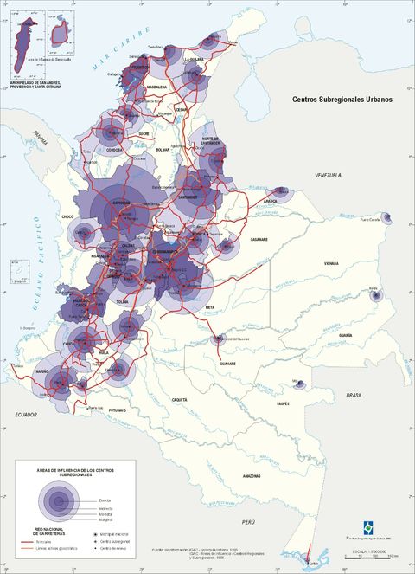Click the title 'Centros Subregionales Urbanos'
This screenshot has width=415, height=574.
(342, 100)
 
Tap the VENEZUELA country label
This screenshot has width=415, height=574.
(328, 176)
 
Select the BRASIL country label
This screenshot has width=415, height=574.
(354, 395)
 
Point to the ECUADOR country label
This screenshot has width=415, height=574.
(28, 415)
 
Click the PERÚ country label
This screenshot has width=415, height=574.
(249, 523)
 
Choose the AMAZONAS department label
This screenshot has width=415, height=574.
(252, 476)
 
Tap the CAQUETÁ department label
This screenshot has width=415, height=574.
(179, 399)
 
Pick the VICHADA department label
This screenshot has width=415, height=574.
(332, 262)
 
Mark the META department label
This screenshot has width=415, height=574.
(209, 306)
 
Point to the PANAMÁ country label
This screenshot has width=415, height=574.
(39, 135)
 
